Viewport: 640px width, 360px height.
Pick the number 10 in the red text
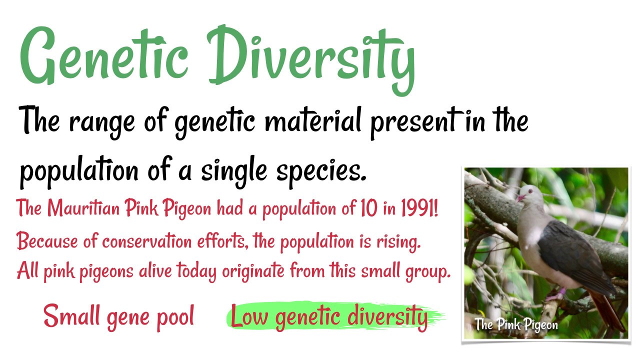(x=366, y=208)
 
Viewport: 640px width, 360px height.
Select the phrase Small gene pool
(x=118, y=316)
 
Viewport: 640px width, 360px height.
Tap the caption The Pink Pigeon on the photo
(x=516, y=324)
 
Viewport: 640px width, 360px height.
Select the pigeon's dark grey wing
(x=575, y=250)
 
